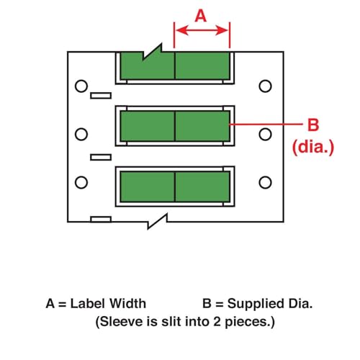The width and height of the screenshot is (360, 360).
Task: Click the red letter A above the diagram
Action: click(202, 14)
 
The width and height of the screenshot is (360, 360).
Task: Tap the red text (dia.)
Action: click(313, 148)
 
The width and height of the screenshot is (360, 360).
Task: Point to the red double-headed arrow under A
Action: click(202, 30)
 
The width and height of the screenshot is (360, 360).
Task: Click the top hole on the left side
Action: click(81, 86)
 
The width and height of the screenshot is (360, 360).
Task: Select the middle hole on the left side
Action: click(81, 134)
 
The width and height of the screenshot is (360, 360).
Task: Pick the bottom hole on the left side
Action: click(81, 181)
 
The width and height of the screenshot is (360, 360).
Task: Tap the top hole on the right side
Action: click(265, 86)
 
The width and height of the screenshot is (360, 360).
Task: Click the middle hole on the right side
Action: click(265, 134)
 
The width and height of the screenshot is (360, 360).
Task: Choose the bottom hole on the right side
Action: click(265, 181)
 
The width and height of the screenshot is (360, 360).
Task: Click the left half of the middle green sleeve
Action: click(147, 126)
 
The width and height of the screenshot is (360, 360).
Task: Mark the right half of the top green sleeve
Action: click(203, 66)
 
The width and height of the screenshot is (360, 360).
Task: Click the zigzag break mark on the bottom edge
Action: click(157, 222)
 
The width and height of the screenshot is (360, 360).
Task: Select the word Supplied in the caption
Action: click(248, 304)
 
